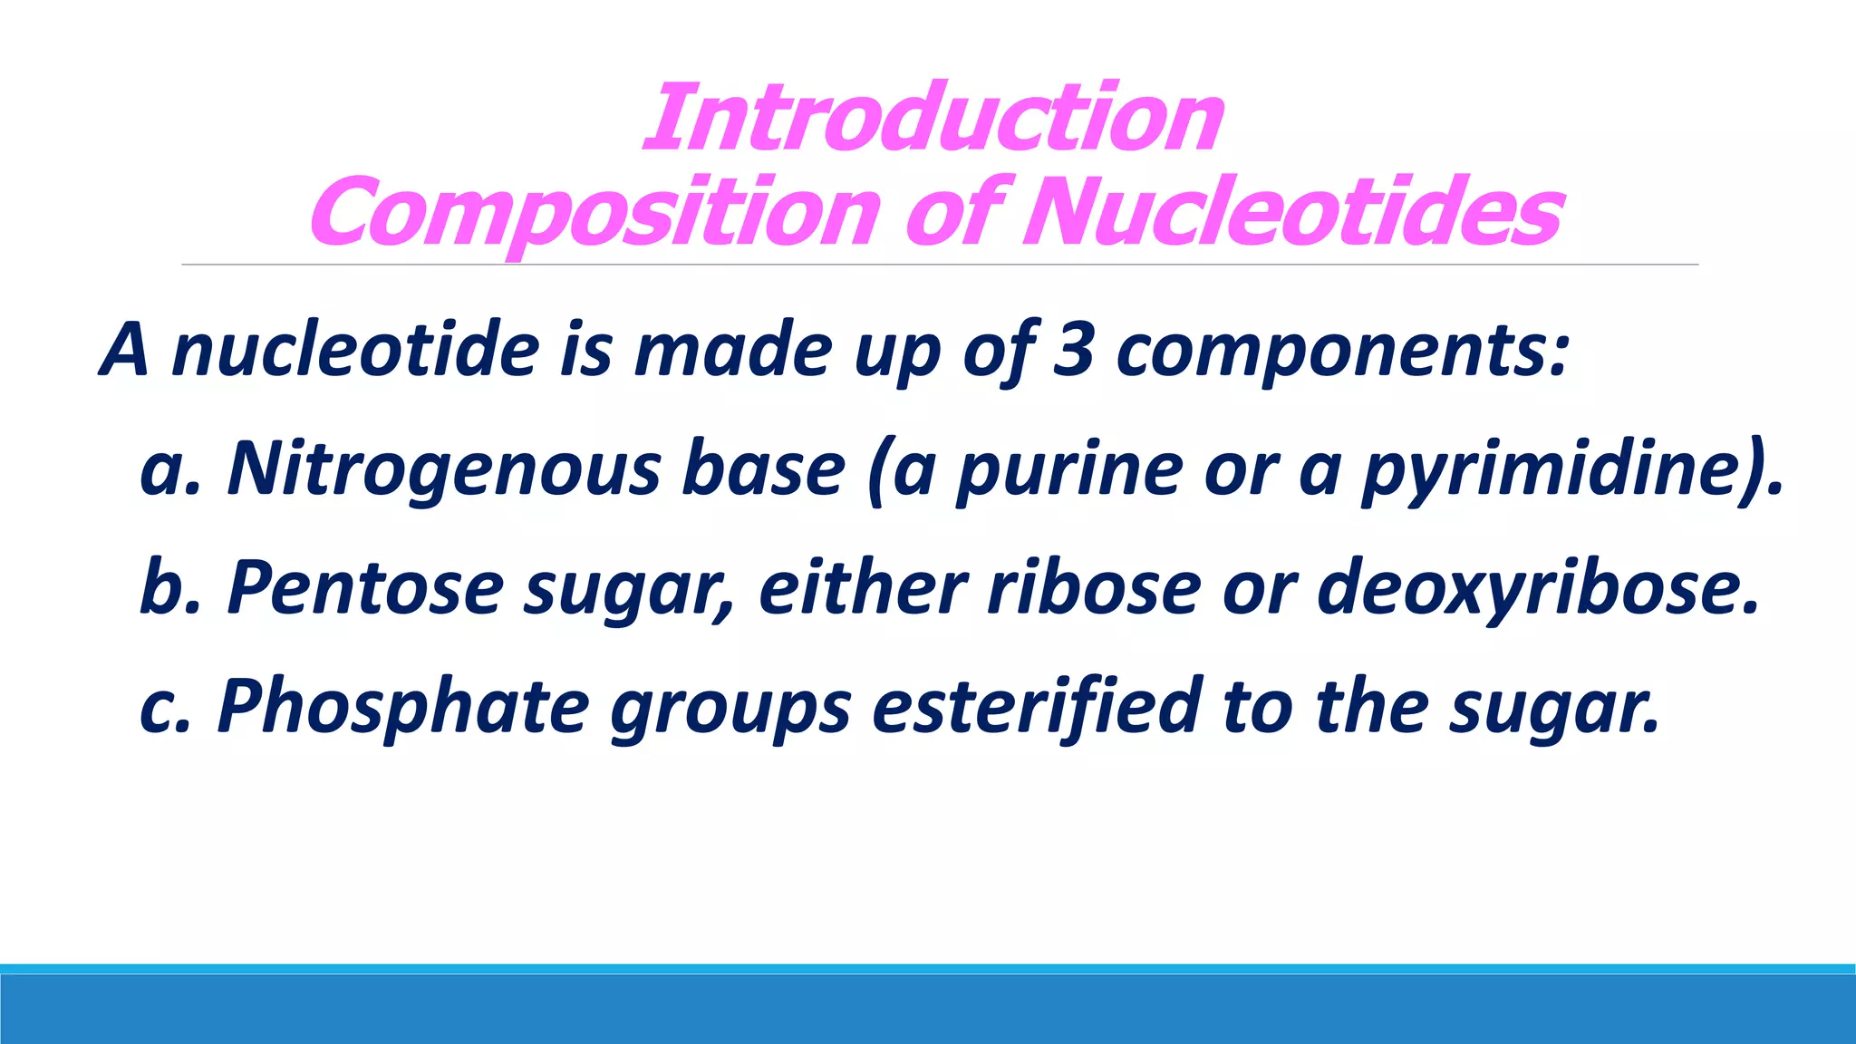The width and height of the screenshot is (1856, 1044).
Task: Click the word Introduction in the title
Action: (933, 119)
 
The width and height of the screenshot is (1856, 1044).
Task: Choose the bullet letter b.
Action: (160, 587)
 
